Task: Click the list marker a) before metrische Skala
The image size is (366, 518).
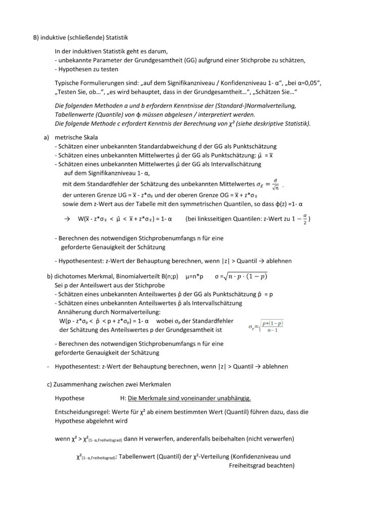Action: tap(47, 137)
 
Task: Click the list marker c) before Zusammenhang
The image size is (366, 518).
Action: tap(50, 384)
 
